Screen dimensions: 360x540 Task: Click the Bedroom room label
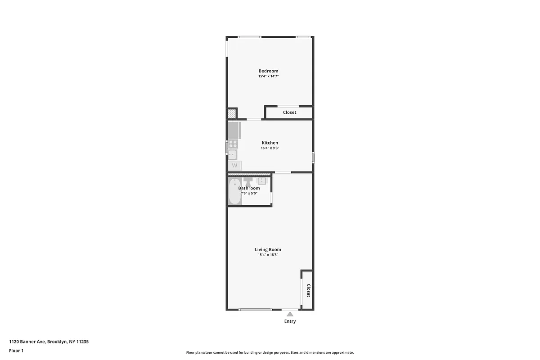click(268, 71)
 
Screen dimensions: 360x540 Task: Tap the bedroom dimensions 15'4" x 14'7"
click(268, 76)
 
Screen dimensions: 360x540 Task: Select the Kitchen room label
click(270, 143)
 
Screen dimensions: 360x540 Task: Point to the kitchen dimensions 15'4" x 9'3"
click(270, 148)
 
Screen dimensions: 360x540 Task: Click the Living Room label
click(268, 249)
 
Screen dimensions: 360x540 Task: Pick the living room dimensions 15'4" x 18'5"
click(268, 255)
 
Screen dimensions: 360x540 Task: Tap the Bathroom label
click(249, 188)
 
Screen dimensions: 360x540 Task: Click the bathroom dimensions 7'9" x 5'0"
click(249, 193)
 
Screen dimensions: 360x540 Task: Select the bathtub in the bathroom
click(234, 192)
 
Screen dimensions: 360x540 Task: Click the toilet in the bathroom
click(248, 181)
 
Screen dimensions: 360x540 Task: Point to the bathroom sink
click(262, 181)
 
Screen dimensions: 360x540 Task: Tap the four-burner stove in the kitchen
click(233, 144)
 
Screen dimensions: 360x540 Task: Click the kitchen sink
click(232, 155)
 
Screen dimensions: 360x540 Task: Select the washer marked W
click(234, 166)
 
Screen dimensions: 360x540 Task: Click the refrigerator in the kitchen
click(234, 130)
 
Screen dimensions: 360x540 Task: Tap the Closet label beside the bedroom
click(289, 112)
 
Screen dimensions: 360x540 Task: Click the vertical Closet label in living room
click(308, 290)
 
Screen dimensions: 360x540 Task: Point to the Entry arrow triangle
click(290, 314)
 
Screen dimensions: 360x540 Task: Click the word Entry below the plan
click(290, 321)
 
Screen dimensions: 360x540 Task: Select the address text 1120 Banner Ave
click(27, 342)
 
